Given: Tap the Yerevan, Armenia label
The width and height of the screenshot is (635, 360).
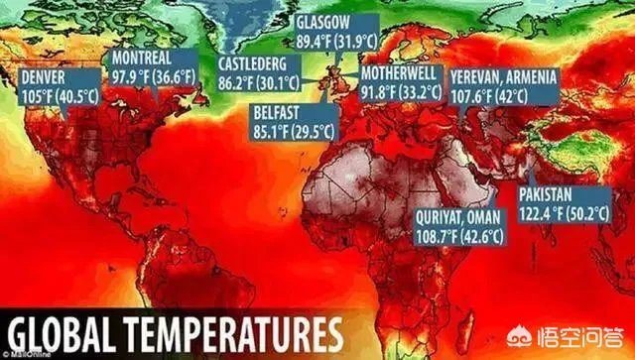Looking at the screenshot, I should (x=504, y=86).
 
